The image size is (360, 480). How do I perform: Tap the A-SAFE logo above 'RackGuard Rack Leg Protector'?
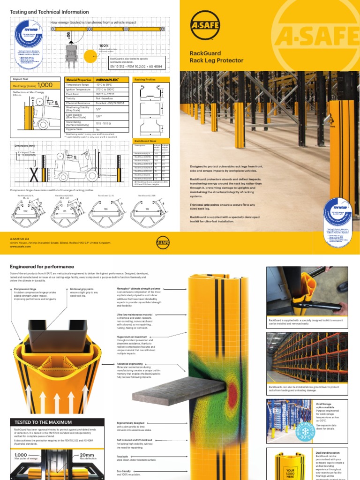(204, 26)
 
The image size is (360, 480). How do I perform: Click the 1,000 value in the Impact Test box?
(45, 85)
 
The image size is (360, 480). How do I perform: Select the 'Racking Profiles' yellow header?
(145, 80)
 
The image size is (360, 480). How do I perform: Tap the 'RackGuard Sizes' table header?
(145, 141)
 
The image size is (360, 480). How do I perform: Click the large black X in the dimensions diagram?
(34, 175)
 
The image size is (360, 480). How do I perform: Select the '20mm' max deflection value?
(88, 455)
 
